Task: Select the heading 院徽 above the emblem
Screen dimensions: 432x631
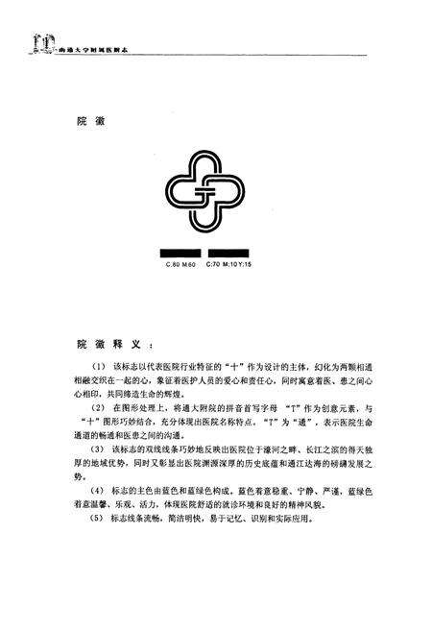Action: (x=90, y=122)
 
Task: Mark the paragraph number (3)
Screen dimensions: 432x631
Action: (x=98, y=450)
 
